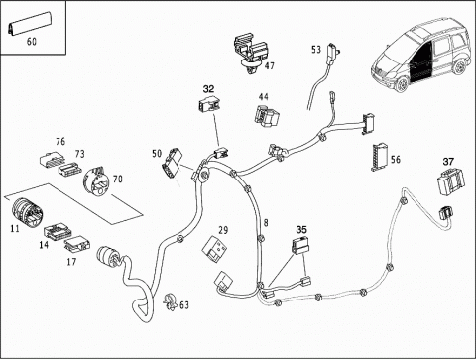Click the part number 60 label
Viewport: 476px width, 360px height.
(x=32, y=42)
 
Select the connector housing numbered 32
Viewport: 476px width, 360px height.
(x=209, y=104)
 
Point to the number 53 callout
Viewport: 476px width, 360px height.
(x=316, y=50)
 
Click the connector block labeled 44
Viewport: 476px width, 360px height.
(x=267, y=116)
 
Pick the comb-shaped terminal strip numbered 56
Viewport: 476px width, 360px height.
(x=380, y=158)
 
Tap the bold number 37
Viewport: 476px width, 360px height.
(x=448, y=162)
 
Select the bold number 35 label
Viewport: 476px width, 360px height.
(x=301, y=229)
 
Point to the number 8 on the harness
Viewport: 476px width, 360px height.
(x=266, y=223)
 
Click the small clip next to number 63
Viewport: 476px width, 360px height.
(x=171, y=301)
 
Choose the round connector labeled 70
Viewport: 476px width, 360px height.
(x=96, y=181)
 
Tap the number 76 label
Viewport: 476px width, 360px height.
(x=60, y=142)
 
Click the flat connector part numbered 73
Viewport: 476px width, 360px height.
(x=70, y=169)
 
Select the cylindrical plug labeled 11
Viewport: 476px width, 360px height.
(x=27, y=211)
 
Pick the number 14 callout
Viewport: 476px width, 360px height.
(x=44, y=245)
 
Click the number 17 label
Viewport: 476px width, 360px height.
(x=71, y=262)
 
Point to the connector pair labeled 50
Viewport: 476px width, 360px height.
(x=172, y=163)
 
